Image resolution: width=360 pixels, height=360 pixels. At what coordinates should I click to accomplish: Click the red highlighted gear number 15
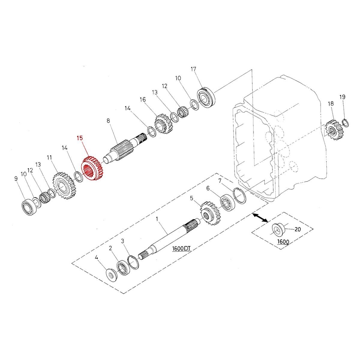pyautogui.click(x=92, y=170)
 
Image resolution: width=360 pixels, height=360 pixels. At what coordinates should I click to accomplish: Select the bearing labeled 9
pyautogui.click(x=29, y=207)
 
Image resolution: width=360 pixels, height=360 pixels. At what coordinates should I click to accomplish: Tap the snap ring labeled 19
pyautogui.click(x=345, y=123)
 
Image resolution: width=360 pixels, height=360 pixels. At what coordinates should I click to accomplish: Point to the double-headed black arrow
pyautogui.click(x=260, y=218)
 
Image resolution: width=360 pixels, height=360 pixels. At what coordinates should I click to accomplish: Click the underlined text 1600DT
pyautogui.click(x=182, y=249)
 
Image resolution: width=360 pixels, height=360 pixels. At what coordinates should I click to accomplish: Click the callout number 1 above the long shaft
pyautogui.click(x=157, y=219)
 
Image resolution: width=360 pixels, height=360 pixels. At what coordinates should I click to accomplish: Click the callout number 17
pyautogui.click(x=193, y=69)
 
